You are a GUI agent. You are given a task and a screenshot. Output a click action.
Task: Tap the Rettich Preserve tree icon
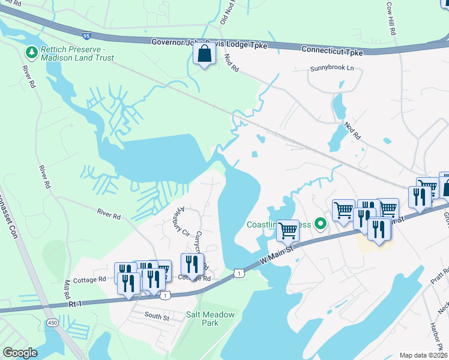coord(31,53)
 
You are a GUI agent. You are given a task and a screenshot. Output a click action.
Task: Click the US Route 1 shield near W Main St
coord(240,273)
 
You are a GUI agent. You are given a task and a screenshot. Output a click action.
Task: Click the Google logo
coord(20,353)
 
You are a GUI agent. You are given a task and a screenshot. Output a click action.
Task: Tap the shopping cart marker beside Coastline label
coord(288,229)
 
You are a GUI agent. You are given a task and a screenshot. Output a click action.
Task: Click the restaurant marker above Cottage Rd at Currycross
coord(192,263)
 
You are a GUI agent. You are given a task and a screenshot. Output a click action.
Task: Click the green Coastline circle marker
coord(321,225)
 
